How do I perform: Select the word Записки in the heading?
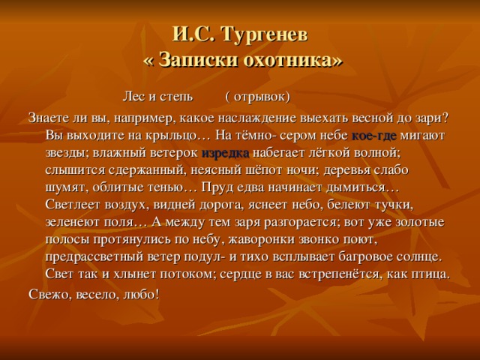[198, 59]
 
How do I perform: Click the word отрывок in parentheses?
[259, 97]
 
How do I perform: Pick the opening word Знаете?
[48, 118]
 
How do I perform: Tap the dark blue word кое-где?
[374, 136]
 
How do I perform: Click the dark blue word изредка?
[225, 153]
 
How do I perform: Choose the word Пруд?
[214, 187]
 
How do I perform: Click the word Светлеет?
[73, 204]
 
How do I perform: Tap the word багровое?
[365, 256]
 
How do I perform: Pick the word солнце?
[418, 256]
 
